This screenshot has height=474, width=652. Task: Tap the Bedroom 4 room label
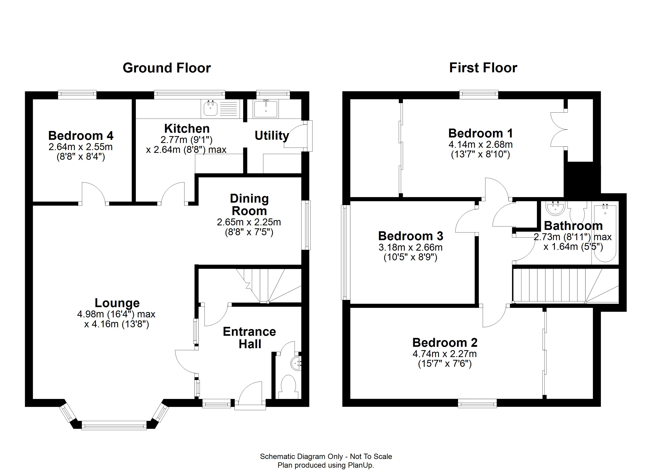(81, 135)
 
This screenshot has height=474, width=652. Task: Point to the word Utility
(272, 136)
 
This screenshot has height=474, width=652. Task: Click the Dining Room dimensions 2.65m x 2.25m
(249, 222)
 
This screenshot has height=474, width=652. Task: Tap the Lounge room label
(117, 303)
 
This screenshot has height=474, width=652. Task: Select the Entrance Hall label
(250, 338)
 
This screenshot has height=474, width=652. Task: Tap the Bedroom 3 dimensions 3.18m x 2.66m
(411, 247)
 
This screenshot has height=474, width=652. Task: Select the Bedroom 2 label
(445, 343)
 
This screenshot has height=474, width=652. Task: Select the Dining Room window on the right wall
(307, 225)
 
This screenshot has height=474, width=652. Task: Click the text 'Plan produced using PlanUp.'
(326, 465)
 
